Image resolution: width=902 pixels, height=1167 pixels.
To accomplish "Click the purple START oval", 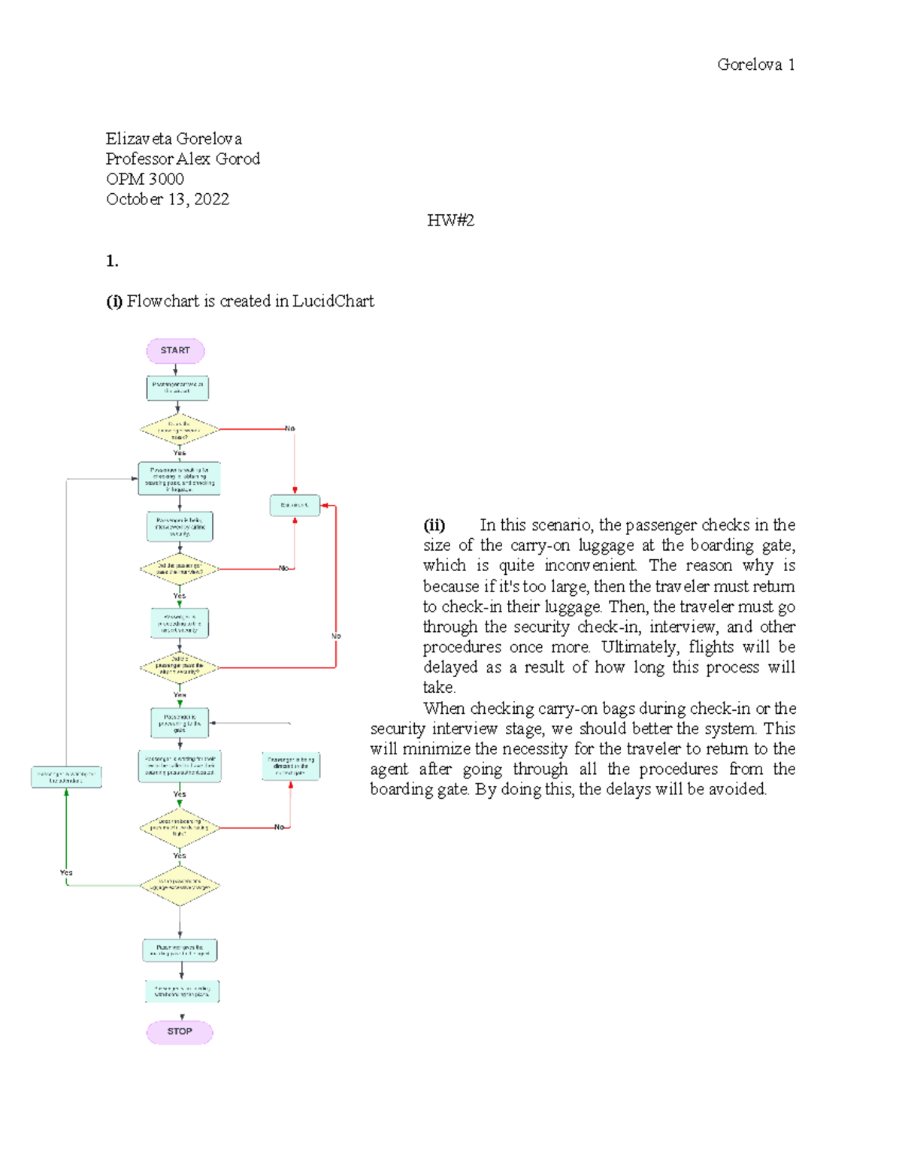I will [175, 351].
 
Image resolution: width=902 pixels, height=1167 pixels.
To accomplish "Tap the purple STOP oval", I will [180, 1032].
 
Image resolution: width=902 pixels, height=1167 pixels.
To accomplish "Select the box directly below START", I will [177, 388].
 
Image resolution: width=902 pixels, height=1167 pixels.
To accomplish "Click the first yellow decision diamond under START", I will [179, 430].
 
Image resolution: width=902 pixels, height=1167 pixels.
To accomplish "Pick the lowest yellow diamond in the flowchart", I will [180, 885].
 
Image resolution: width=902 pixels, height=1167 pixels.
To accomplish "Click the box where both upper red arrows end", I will [295, 505].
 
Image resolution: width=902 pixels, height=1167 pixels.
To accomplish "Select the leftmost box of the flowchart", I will [66, 777].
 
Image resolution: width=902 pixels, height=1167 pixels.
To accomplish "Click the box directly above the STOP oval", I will [182, 991].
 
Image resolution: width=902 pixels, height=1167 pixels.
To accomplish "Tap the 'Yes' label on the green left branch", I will [66, 872].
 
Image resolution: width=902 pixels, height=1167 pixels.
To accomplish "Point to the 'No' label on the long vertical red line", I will [336, 636].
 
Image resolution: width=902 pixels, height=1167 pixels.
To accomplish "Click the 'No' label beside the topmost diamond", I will [289, 428].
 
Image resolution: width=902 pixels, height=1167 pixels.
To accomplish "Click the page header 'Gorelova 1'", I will [755, 65].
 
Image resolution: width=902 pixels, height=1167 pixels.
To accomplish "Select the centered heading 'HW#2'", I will [450, 220].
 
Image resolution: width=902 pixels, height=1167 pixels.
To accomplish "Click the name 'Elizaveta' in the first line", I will [139, 139].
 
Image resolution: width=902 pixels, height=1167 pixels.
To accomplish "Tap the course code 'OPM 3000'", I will [145, 179].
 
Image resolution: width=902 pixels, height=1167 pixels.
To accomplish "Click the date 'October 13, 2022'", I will [167, 199].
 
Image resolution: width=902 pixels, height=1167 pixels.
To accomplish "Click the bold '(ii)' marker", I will [434, 525].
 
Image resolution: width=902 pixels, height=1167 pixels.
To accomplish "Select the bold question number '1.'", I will [112, 262].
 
